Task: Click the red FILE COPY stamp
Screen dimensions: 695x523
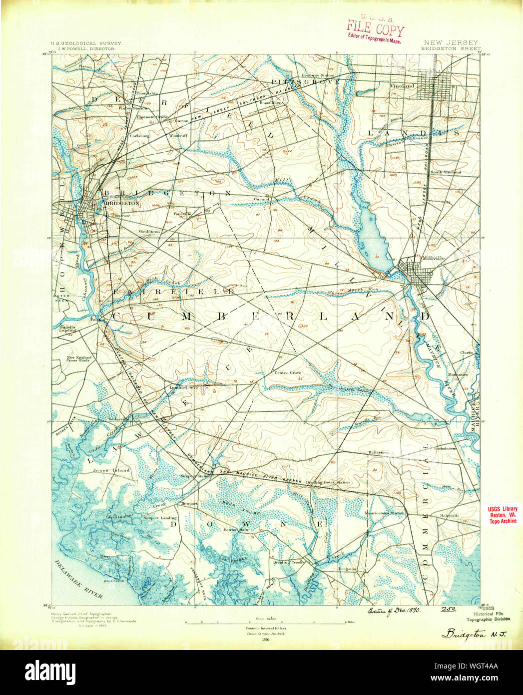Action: click(x=376, y=30)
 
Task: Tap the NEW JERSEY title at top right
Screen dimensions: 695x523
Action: click(x=451, y=43)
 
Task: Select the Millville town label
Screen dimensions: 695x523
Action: click(x=433, y=258)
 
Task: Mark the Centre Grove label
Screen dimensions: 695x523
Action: click(x=288, y=372)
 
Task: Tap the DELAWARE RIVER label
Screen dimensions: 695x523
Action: click(x=78, y=579)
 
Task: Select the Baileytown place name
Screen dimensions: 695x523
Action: click(x=379, y=452)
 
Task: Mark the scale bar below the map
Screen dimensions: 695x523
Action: click(x=266, y=622)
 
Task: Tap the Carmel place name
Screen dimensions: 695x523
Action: click(x=261, y=199)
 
